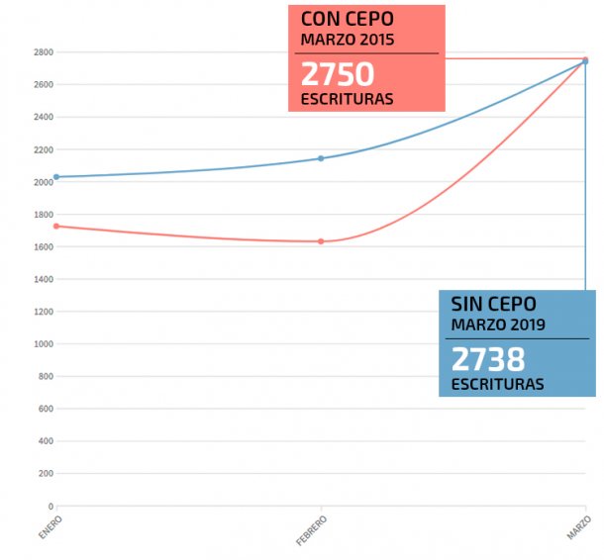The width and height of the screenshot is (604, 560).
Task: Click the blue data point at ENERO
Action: [x=56, y=177]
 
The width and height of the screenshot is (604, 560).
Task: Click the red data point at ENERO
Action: [x=56, y=226]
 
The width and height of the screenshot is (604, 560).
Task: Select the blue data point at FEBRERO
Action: [x=321, y=158]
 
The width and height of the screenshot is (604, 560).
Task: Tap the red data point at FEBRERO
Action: [x=321, y=241]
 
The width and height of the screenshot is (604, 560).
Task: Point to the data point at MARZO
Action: [x=585, y=61]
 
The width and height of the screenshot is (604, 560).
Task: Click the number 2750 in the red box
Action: [x=337, y=74]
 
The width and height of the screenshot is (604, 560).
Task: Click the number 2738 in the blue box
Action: [x=488, y=358]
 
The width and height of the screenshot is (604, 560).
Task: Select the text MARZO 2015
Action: [x=347, y=41]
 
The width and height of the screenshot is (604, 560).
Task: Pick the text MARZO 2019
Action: [x=498, y=325]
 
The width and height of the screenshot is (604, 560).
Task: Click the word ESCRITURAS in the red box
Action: [x=347, y=99]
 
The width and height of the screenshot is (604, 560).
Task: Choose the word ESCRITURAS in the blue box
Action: [x=497, y=384]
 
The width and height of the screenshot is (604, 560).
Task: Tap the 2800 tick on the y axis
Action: [x=42, y=51]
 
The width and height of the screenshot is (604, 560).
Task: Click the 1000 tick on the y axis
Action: [x=42, y=343]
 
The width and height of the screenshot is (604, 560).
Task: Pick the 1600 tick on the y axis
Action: [x=42, y=246]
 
